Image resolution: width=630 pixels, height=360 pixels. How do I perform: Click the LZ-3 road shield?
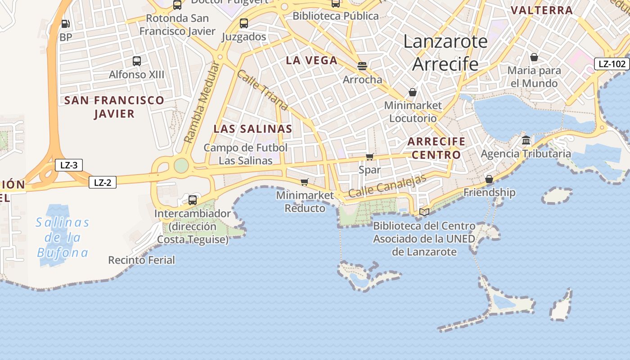coord(69,165)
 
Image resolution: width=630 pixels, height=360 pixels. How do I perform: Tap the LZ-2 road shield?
coord(103,182)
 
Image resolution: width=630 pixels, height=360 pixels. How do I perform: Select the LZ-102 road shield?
coord(612,64)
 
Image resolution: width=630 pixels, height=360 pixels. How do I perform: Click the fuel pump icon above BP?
coord(66,24)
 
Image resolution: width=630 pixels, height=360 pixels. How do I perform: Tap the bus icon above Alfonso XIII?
coord(137,61)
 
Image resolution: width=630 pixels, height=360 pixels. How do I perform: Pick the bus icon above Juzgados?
coord(244,23)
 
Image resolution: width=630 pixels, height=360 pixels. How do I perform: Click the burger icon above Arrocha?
coord(362,66)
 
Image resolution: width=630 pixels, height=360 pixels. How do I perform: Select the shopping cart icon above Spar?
coord(369,157)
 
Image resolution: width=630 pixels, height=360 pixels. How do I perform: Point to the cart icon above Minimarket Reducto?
coord(305,182)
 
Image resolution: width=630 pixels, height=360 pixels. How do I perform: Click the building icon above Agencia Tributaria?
coord(526,140)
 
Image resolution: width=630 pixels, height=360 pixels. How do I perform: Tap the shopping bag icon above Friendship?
coord(489,179)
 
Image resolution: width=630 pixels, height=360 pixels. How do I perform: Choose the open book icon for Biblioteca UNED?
coord(424,211)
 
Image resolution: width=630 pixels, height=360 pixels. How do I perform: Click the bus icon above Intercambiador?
coord(193,200)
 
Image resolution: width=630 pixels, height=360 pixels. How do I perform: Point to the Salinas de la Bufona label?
coord(63,237)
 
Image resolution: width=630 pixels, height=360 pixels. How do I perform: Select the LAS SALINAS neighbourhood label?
coord(253,129)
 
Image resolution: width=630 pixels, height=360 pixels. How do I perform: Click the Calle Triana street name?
coord(262,90)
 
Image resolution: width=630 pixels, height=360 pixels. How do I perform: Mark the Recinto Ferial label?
coord(141,260)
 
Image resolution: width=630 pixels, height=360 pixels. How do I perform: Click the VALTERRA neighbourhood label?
coord(542,10)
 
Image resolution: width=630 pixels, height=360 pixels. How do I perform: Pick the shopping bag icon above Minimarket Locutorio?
coord(413,92)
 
